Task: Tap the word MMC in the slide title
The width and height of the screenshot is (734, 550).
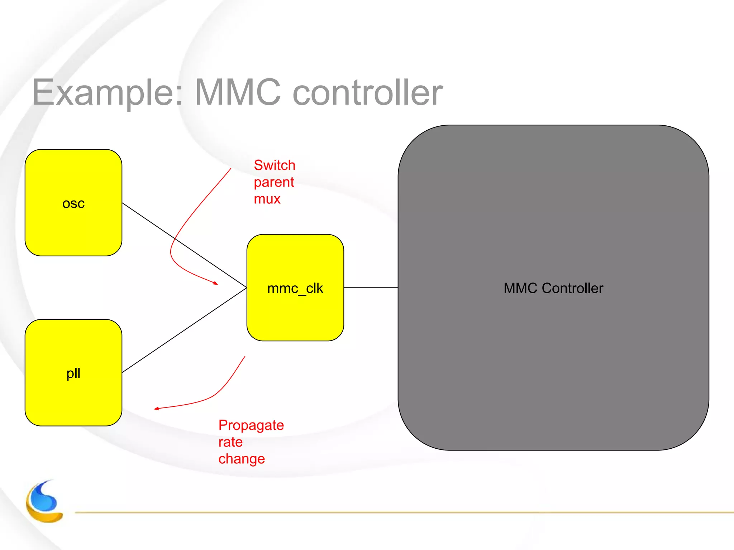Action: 238,92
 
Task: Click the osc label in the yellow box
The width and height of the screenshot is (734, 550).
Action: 73,203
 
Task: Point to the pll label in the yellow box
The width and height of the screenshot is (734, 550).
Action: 73,373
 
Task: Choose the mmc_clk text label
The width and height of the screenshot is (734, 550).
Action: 295,288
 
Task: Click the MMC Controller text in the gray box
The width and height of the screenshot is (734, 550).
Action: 553,288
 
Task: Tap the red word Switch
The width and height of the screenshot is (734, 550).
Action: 274,165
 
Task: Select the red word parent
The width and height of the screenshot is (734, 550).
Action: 273,182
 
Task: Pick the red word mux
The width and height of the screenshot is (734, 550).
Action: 267,199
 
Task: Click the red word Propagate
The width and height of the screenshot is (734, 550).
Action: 251,425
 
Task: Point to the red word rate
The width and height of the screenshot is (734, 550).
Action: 230,442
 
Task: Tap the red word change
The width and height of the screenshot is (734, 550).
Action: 242,459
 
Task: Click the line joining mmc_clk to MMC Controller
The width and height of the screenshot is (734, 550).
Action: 371,288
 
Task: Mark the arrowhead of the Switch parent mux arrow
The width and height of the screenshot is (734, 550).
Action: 216,284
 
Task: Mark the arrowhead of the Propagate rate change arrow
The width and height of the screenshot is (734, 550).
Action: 156,409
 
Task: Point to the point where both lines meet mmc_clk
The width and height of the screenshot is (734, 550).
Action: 246,288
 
